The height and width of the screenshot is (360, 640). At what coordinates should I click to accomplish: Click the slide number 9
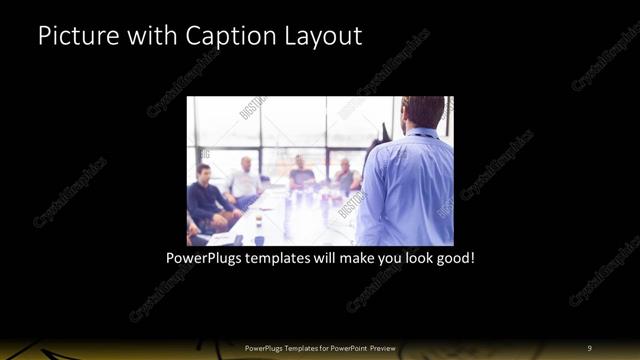click(x=590, y=348)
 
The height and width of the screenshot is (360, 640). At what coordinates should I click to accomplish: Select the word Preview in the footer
click(x=381, y=348)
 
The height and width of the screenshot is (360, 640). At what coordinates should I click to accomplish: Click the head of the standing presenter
click(x=424, y=113)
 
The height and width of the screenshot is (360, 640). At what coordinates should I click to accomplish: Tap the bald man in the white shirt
click(x=245, y=178)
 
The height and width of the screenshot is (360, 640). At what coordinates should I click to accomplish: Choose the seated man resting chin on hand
click(x=345, y=175)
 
